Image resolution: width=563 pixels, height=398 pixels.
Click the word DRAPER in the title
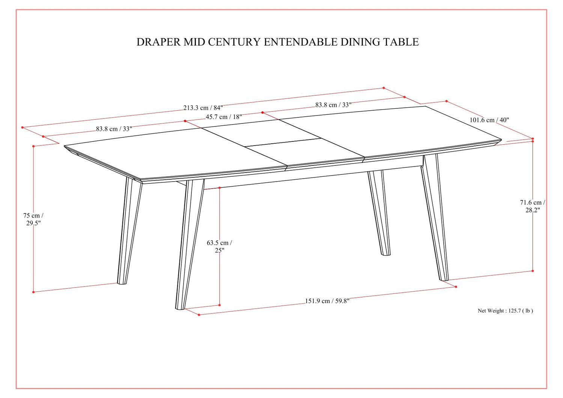coord(159,42)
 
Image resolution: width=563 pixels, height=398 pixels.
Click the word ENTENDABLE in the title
coord(300,42)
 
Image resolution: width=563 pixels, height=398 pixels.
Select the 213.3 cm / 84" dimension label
coord(203,108)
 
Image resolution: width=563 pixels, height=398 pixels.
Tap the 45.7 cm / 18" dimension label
coord(224,117)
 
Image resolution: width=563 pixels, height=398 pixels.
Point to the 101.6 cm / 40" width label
coord(489,120)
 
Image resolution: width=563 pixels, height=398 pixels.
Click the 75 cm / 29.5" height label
coord(33,219)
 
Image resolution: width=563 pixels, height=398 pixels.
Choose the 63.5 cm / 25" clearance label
coord(220,246)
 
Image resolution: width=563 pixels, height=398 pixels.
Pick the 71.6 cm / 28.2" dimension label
coord(533,206)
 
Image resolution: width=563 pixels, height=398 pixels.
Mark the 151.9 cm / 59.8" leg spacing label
coord(327,301)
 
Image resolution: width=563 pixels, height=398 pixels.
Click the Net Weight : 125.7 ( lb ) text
coord(506,311)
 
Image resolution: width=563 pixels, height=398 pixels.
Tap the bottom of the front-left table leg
coord(180,308)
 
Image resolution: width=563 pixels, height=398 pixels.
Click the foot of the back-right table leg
coord(386,254)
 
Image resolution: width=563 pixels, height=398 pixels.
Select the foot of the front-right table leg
coord(444,279)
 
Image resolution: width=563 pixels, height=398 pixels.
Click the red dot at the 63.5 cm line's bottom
coord(220,305)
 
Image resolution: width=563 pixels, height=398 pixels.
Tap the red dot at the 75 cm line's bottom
coord(33,292)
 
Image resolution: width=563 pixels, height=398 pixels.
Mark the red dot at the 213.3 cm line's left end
coord(23,128)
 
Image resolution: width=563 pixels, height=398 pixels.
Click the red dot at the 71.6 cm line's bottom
coord(533,271)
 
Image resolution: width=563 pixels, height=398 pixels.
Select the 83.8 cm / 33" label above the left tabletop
coord(114,129)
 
